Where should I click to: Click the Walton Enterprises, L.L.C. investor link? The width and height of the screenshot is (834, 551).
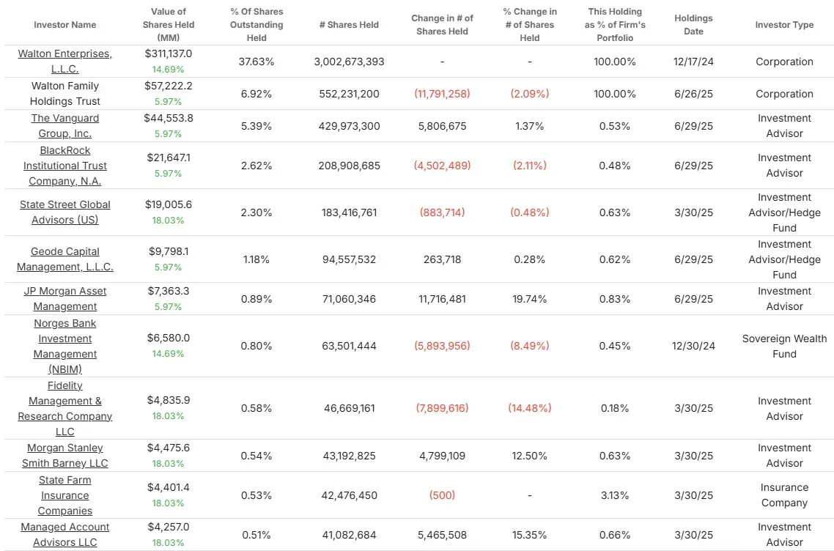point(64,62)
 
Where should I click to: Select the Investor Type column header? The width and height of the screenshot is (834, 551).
point(784,25)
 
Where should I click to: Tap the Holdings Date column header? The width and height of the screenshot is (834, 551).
point(693,25)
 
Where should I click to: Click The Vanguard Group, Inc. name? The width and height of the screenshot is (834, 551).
point(64,126)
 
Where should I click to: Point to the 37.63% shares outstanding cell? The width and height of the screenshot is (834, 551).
point(257,62)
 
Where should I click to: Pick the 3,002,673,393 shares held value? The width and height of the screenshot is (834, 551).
point(349,62)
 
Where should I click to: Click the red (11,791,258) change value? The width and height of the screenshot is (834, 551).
point(442,94)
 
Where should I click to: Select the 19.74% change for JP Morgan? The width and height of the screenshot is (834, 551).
point(529,299)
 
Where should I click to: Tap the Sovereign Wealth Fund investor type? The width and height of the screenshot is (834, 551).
point(784,346)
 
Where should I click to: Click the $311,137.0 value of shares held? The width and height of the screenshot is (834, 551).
point(169,53)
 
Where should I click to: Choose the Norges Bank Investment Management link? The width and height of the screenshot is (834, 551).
point(64,346)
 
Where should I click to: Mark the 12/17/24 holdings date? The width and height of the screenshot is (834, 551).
point(693,62)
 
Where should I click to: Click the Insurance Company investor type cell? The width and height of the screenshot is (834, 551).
point(784,495)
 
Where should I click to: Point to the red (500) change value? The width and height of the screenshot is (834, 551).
point(442,495)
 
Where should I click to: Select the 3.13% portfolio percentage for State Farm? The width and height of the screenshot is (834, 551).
point(615,495)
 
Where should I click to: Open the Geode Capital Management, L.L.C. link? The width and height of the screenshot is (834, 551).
point(64,259)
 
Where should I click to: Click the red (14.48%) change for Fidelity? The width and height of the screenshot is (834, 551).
point(529,408)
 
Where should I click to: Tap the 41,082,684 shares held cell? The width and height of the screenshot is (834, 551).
point(349,535)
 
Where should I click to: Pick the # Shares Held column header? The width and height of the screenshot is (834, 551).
point(349,25)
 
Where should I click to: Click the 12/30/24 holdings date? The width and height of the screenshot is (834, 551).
point(693,346)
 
